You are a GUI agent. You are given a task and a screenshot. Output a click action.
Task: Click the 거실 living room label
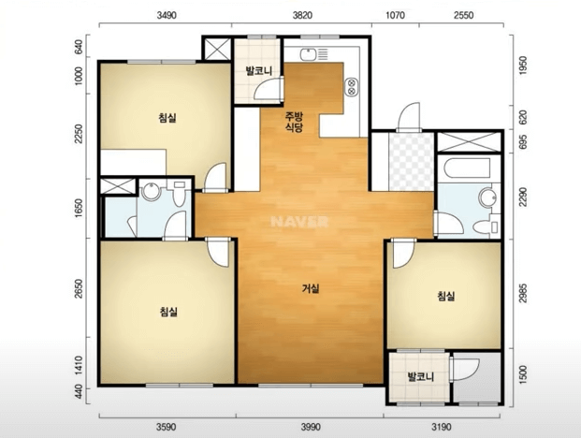click(x=311, y=288)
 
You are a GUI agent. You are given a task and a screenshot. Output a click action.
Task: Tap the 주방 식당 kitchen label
click(x=294, y=123)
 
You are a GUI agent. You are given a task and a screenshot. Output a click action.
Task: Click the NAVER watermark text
click(x=299, y=222)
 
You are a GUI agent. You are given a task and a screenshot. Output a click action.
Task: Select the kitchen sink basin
click(x=308, y=55)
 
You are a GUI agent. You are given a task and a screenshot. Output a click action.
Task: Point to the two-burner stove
click(x=351, y=86)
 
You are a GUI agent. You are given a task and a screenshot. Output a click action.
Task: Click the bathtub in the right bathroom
click(x=467, y=168)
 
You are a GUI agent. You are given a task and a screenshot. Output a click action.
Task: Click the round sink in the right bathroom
click(x=487, y=197)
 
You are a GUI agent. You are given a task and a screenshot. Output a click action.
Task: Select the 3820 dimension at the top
click(x=302, y=15)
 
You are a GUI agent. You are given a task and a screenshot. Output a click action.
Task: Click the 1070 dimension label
click(x=396, y=15)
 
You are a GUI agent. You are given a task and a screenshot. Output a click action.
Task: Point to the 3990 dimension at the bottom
click(x=311, y=428)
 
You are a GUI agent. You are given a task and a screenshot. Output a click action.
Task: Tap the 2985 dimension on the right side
click(x=523, y=293)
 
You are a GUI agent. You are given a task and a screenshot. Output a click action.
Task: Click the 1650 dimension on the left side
click(x=79, y=209)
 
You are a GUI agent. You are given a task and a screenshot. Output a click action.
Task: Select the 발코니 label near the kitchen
click(x=259, y=71)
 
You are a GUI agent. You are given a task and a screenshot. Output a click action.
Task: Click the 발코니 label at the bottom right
click(x=421, y=377)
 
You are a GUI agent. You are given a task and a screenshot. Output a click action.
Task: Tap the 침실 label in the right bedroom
click(x=446, y=296)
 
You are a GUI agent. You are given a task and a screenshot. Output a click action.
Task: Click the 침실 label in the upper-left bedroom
click(x=167, y=118)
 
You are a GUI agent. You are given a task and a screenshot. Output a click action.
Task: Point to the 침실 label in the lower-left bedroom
click(x=168, y=312)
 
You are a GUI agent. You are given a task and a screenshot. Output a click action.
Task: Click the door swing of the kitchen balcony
click(x=269, y=88)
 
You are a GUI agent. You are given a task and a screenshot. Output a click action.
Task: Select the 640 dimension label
click(x=79, y=47)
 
